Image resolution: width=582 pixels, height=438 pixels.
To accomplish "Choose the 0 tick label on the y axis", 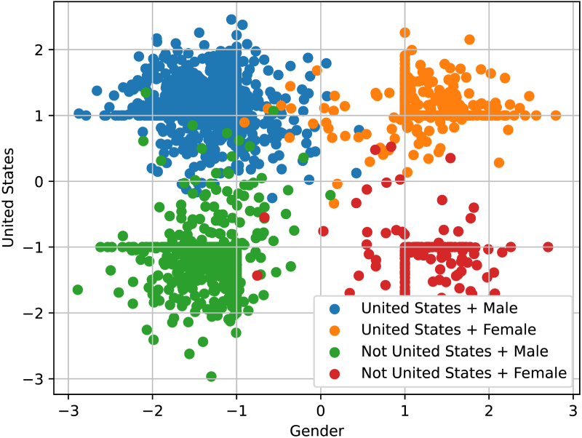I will [39, 181].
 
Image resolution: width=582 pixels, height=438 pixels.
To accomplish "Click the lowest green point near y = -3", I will [211, 376].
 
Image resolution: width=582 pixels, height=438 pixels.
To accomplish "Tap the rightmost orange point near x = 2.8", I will [556, 115].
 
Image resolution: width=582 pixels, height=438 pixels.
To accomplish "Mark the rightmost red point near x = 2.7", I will [548, 247].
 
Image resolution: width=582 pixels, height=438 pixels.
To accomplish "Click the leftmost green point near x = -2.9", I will [78, 290].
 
